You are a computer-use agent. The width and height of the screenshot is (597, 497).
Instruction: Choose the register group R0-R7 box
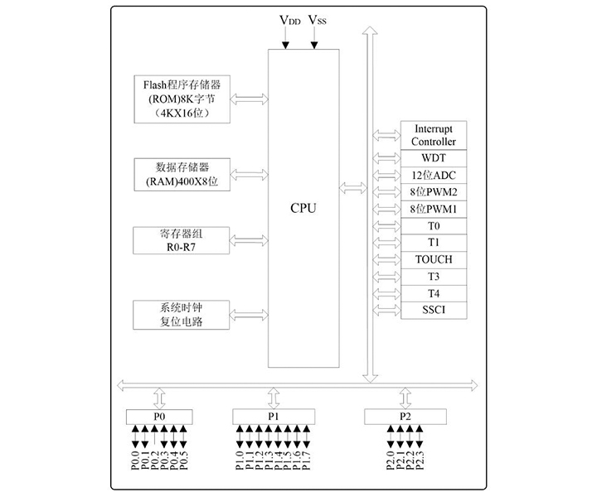tap(182, 239)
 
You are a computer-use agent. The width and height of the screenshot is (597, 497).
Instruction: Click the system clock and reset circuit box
tap(182, 314)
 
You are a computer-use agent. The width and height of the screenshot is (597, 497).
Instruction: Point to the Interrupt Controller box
tap(433, 134)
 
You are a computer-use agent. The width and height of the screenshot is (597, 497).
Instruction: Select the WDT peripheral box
tap(433, 157)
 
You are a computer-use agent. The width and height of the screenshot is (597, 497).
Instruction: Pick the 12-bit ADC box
tap(433, 175)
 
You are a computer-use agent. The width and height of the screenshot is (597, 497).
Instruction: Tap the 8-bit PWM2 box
tap(433, 191)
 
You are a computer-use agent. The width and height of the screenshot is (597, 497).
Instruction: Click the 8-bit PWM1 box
tap(433, 208)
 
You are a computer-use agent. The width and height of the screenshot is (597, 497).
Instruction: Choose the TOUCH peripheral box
tap(433, 259)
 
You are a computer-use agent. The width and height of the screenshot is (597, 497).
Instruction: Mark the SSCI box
tap(433, 311)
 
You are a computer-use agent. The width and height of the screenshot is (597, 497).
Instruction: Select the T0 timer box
tap(433, 225)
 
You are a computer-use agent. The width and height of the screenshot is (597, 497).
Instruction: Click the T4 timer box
tap(433, 293)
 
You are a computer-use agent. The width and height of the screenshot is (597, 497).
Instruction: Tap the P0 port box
tap(159, 416)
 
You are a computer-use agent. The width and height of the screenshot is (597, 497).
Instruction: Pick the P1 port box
tap(274, 416)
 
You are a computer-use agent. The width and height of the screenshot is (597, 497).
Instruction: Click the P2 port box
tap(404, 416)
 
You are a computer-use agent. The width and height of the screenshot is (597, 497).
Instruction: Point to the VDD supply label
tap(289, 20)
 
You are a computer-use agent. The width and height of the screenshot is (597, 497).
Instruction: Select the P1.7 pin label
tap(307, 460)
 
